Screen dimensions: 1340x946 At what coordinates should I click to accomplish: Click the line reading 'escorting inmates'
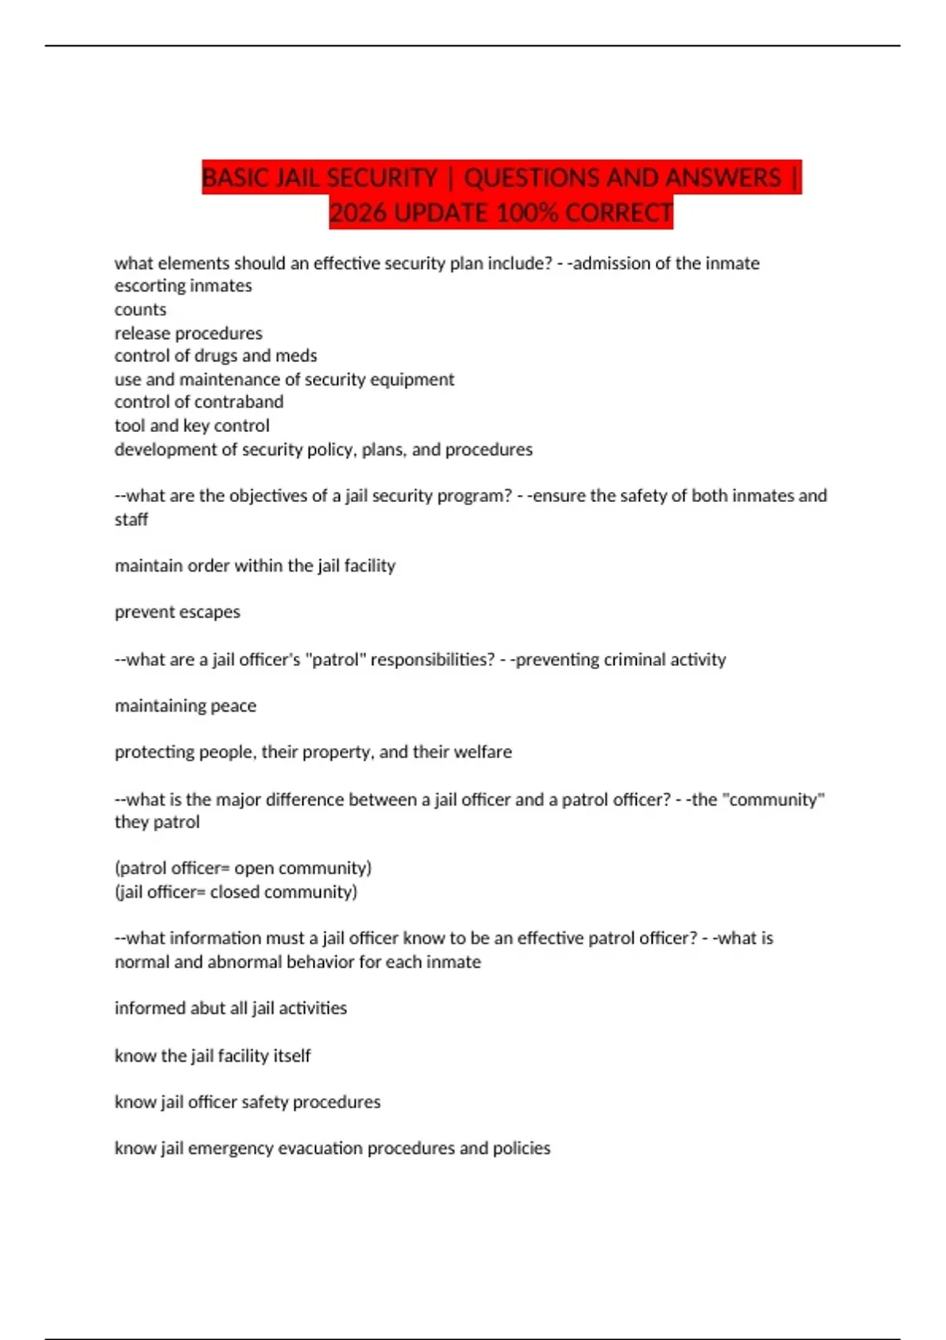(x=183, y=285)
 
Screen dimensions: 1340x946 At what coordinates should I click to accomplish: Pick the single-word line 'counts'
(x=140, y=309)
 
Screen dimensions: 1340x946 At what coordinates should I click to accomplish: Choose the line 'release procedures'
(x=188, y=333)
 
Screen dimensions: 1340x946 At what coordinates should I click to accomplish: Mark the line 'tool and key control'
(x=192, y=426)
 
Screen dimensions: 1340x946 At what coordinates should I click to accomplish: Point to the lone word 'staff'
(x=131, y=519)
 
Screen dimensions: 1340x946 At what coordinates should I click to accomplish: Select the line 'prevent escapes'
(x=177, y=612)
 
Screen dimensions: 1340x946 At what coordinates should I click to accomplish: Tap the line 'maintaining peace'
(x=185, y=705)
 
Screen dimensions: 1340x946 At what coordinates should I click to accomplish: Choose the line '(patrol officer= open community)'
(x=243, y=868)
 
